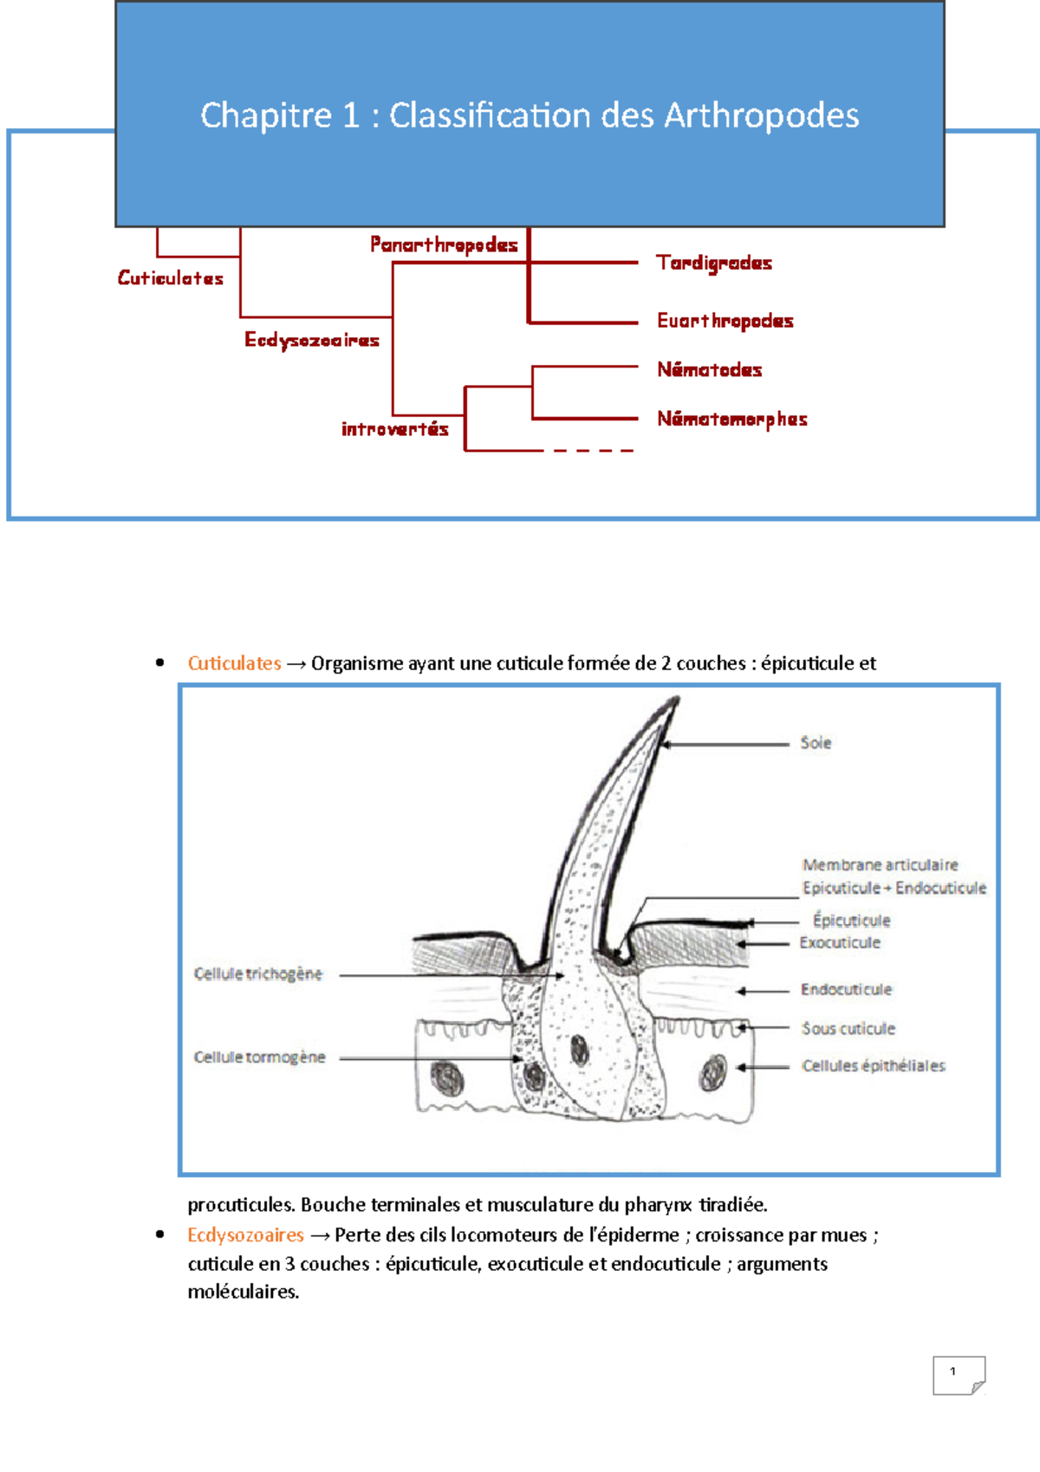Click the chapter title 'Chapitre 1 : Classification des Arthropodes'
[x=530, y=115]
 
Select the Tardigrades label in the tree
[x=713, y=263]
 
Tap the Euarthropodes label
[x=725, y=321]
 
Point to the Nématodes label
[x=709, y=370]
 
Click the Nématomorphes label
[x=731, y=420]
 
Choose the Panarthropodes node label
[x=444, y=244]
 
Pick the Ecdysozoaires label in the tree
[x=312, y=340]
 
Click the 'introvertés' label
[x=395, y=429]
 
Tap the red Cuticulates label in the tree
[x=171, y=278]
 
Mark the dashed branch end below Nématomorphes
[x=593, y=451]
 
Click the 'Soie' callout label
[x=816, y=743]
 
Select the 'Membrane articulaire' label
[x=880, y=865]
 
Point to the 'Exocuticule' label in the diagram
[x=839, y=943]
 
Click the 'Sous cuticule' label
[x=848, y=1029]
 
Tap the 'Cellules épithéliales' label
[x=873, y=1066]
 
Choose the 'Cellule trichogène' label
[x=257, y=974]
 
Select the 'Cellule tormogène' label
[x=259, y=1058]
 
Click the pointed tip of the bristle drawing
[x=676, y=700]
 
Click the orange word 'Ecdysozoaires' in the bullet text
[x=245, y=1234]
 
